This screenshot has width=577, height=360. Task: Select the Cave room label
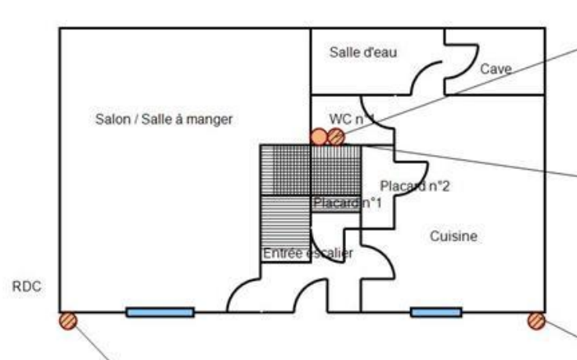(496, 69)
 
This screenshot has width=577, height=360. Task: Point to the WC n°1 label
(352, 118)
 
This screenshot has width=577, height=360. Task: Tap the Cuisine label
(453, 236)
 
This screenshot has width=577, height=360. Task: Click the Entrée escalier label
(308, 253)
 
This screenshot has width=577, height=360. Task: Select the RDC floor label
(27, 287)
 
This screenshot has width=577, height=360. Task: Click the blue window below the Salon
(160, 312)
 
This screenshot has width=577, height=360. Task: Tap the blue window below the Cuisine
(436, 312)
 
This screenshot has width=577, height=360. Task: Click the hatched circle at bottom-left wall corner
(68, 320)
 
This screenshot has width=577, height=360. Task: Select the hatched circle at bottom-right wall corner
(536, 319)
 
